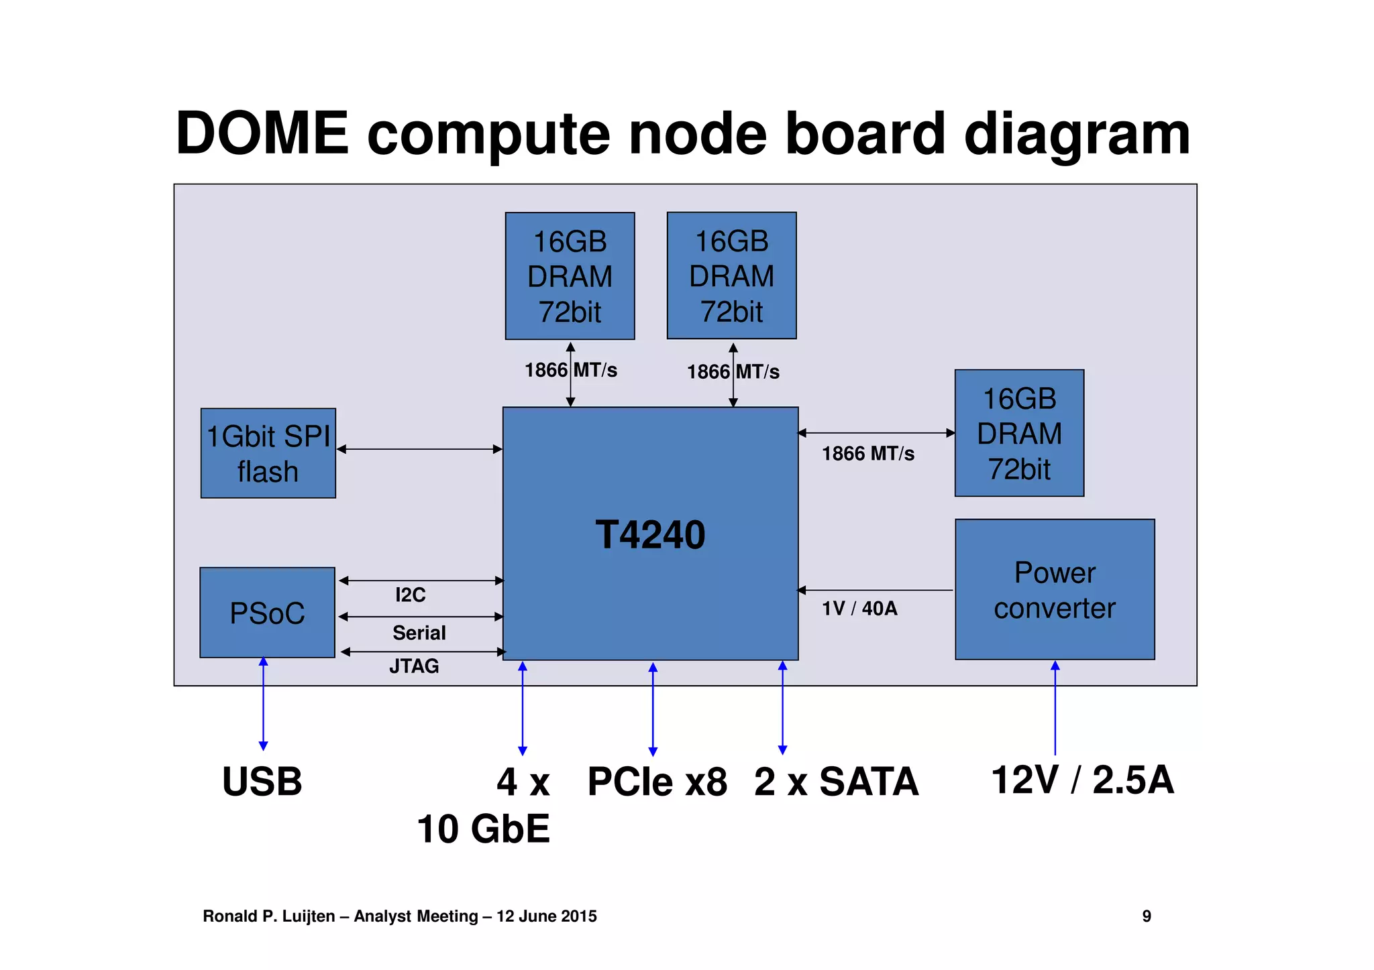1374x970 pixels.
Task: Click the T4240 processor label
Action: (650, 535)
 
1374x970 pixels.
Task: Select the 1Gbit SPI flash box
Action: (268, 453)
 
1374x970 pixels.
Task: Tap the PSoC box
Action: (267, 613)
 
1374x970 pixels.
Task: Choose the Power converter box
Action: (1055, 590)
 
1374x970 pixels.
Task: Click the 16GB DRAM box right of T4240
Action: (1019, 433)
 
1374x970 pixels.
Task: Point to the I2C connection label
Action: (410, 595)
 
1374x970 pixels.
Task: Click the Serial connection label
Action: (419, 633)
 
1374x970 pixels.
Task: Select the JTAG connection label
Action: (414, 666)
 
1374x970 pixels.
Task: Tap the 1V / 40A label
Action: (859, 608)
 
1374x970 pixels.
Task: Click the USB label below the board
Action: (262, 782)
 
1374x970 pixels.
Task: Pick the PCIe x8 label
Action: (657, 782)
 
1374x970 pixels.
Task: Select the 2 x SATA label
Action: (836, 782)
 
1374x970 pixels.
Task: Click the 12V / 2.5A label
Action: (1082, 780)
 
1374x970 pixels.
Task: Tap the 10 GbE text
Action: (483, 829)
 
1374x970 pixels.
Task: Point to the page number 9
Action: (1147, 916)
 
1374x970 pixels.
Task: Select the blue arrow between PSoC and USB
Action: (264, 704)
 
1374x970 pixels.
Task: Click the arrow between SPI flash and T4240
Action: (419, 449)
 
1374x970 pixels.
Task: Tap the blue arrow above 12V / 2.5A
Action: (1055, 707)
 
